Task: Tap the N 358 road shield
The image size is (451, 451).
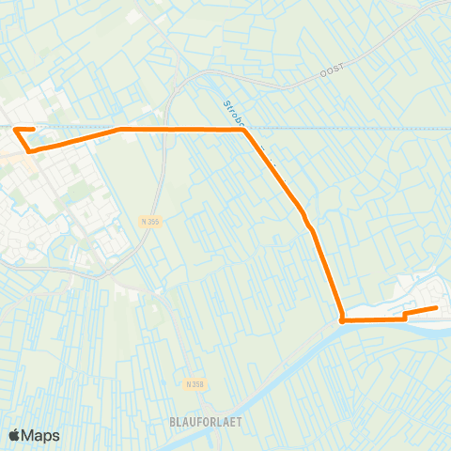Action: (x=194, y=384)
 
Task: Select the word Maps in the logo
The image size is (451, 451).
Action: (x=42, y=435)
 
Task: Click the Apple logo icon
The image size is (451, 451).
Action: (x=15, y=435)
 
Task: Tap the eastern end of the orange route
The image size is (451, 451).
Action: (x=436, y=308)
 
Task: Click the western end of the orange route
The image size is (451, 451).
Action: (x=33, y=130)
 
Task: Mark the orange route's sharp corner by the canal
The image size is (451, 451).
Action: (x=342, y=320)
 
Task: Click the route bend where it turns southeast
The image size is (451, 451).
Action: (x=244, y=131)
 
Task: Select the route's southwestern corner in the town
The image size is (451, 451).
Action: (x=30, y=150)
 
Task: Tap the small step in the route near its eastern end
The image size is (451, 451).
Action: (x=405, y=316)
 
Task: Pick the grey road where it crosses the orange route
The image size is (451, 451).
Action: (x=162, y=129)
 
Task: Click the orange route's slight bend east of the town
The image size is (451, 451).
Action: (x=120, y=130)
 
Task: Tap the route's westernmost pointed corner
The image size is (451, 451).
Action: (x=15, y=130)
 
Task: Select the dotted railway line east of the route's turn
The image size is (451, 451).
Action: (x=357, y=128)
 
